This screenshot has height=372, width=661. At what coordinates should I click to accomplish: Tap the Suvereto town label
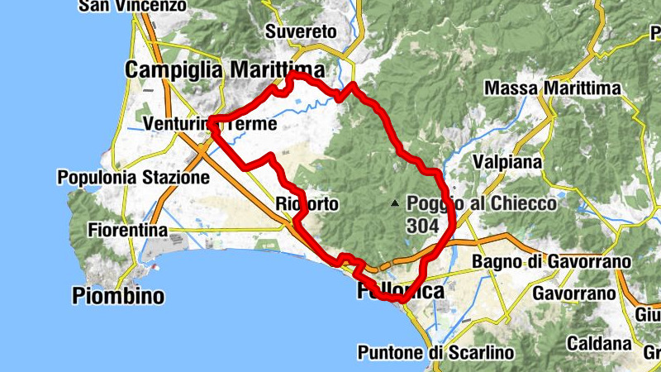(301, 32)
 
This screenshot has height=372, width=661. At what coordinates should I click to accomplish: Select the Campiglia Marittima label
(224, 70)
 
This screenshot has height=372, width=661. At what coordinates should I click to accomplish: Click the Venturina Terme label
(209, 124)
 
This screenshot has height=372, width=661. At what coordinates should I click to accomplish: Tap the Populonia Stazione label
(133, 178)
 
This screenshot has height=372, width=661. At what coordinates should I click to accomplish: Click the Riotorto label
(307, 204)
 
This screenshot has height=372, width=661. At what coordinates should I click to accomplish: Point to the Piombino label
(118, 295)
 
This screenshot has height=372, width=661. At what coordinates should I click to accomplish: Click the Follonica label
(400, 292)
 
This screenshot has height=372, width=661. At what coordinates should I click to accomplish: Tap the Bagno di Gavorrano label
(551, 262)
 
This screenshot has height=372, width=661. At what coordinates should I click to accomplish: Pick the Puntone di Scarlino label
(435, 352)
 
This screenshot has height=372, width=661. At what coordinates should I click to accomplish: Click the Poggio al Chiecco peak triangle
(396, 203)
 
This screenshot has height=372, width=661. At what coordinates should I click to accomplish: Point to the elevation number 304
(422, 223)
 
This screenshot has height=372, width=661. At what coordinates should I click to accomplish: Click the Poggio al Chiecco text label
(481, 203)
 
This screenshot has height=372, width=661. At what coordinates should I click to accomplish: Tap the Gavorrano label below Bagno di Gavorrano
(574, 293)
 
